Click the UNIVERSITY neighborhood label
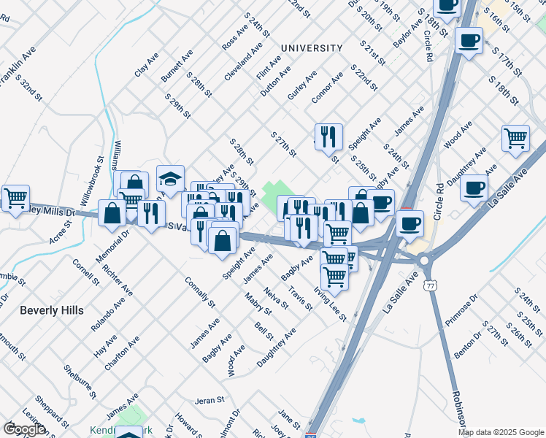tap(311, 48)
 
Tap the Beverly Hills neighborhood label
tap(52, 310)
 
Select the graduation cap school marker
tap(170, 180)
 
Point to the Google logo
tap(24, 429)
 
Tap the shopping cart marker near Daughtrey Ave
tap(515, 138)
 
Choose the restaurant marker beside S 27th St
tap(328, 136)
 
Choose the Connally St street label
tap(199, 292)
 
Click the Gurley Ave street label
tap(302, 86)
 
